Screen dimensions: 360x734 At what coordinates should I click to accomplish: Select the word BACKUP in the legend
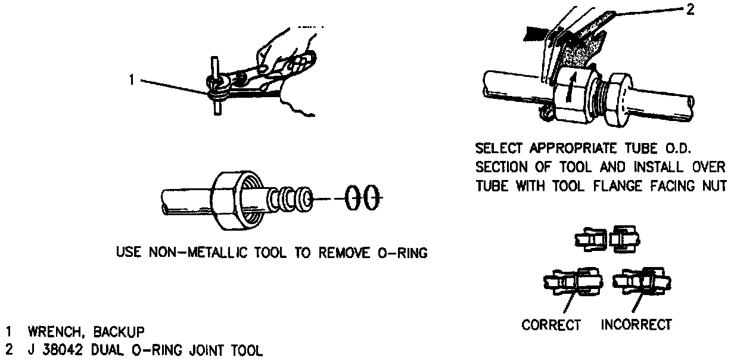[x=116, y=331]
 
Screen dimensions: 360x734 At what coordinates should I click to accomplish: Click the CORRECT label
[x=551, y=325]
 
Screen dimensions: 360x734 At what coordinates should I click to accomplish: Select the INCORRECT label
[x=636, y=325]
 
